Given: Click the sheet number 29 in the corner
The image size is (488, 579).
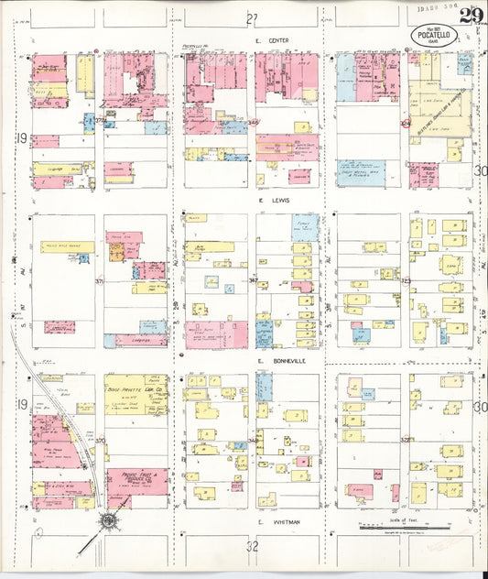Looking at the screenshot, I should click(x=472, y=16).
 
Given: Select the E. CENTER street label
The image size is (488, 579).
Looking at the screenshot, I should click(x=273, y=41).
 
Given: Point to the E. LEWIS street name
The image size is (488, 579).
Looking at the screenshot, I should click(x=272, y=200).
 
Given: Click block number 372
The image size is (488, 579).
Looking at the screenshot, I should click(x=100, y=120).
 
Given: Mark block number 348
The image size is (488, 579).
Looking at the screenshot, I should click(x=253, y=121).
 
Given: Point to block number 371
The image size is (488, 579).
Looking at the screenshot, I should click(x=100, y=282).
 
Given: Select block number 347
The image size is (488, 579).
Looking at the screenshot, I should click(x=253, y=281).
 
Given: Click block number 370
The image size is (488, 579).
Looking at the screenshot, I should click(x=100, y=442).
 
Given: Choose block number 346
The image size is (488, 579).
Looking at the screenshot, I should click(x=253, y=442).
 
